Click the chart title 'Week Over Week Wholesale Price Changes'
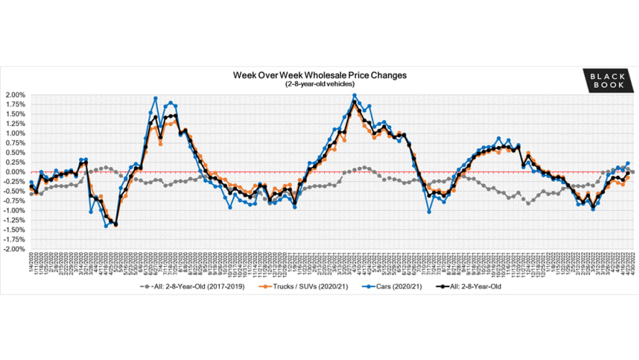coord(319,75)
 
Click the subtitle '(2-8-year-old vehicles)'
coord(319,84)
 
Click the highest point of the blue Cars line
coord(355,95)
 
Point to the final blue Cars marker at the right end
coord(628,163)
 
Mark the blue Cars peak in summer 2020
coord(155,98)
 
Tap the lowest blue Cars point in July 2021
coord(429,212)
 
